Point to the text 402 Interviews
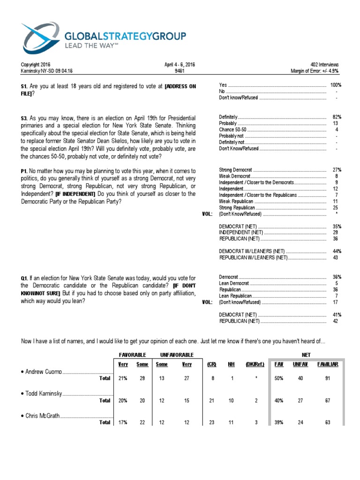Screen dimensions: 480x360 (324, 65)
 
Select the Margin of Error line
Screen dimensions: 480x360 (315, 71)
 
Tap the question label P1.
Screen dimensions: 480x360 (24, 171)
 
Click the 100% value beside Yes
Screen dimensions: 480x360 (336, 85)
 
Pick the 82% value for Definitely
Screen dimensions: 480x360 (337, 116)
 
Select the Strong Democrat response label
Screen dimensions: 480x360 (236, 169)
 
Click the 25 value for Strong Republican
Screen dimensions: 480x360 (335, 207)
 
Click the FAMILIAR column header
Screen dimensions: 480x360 (328, 364)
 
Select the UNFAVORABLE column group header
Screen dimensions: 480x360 (177, 354)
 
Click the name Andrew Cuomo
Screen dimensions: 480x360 (42, 372)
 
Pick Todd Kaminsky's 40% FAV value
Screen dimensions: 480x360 (279, 400)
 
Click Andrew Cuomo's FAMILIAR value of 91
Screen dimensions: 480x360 (327, 378)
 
